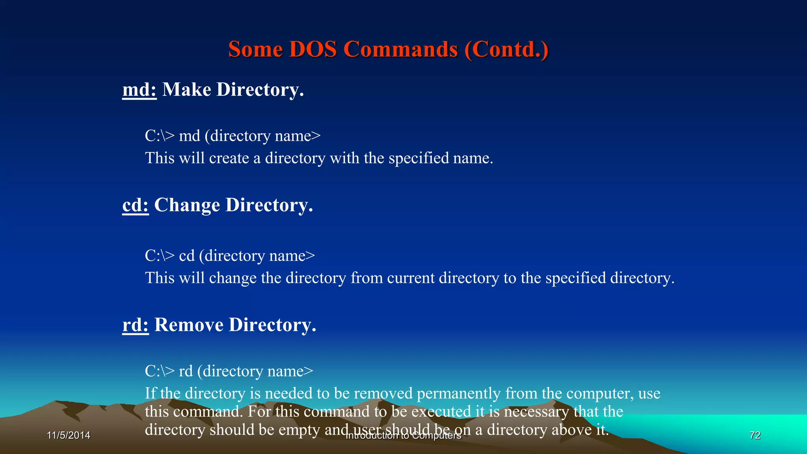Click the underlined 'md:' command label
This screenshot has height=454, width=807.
tap(139, 90)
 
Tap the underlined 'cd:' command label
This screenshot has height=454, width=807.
tap(135, 205)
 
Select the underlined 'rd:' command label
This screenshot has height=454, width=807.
tap(135, 325)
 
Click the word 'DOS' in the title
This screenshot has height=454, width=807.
tap(312, 50)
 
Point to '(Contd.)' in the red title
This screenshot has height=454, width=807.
tap(506, 50)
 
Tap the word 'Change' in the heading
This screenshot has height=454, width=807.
tap(187, 205)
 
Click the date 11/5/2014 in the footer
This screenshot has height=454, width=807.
tap(69, 435)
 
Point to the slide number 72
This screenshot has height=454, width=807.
tap(755, 435)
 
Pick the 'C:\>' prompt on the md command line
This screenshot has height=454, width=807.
tap(159, 136)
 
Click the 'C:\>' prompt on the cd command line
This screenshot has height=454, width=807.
tap(159, 256)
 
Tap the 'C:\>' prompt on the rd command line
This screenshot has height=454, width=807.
tap(159, 371)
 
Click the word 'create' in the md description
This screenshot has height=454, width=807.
tap(229, 158)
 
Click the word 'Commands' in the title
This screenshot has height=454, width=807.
tap(400, 50)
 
